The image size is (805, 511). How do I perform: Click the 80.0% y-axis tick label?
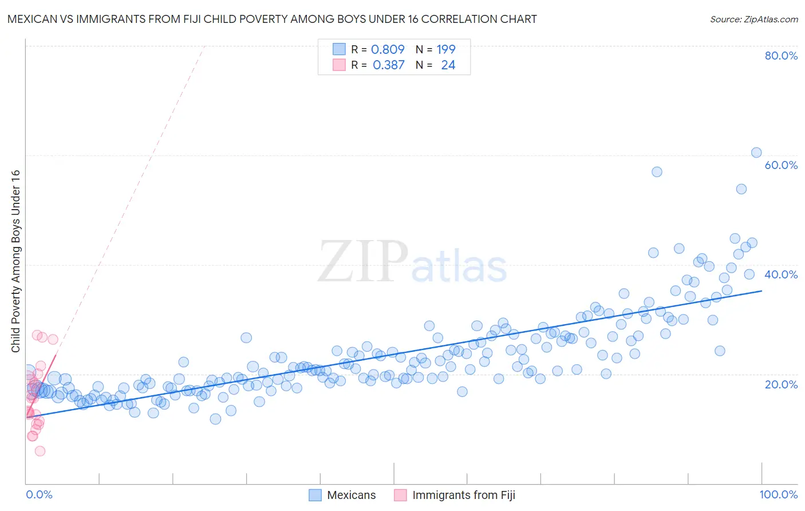(781, 56)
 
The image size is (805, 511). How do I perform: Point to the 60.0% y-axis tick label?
(781, 165)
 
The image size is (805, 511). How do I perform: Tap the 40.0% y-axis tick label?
(781, 274)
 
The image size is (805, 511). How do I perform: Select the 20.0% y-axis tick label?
(781, 384)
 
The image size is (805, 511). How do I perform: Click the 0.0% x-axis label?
(39, 494)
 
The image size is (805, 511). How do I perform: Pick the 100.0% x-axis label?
(778, 494)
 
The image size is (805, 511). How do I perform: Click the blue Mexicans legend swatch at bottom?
(315, 495)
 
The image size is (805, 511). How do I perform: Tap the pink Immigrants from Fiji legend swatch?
(400, 495)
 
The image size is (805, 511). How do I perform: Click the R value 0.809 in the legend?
(388, 49)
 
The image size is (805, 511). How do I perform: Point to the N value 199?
(446, 49)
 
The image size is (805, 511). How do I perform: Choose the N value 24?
(448, 65)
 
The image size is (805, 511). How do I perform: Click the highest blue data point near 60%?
(756, 152)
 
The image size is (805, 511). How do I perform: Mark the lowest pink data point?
(40, 451)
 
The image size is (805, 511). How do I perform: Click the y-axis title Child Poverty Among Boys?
(15, 261)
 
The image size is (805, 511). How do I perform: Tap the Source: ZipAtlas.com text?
(753, 19)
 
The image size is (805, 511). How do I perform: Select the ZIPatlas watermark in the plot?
(412, 262)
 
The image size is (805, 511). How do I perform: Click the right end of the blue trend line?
(761, 290)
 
